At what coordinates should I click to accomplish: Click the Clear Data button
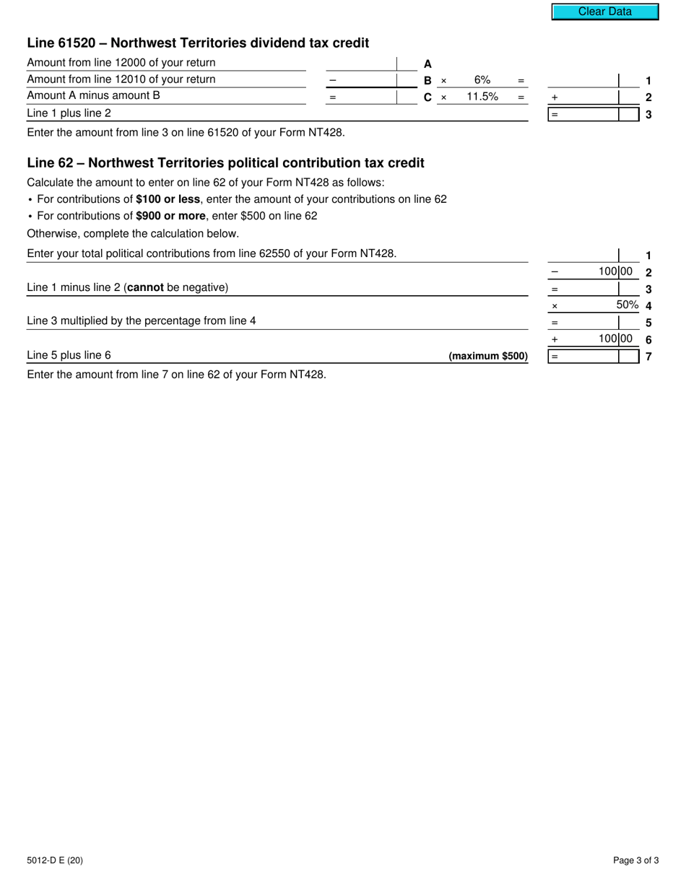point(604,12)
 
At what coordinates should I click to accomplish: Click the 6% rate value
point(482,80)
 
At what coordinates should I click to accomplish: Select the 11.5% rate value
point(482,97)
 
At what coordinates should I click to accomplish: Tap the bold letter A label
point(427,64)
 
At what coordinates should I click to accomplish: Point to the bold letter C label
point(427,97)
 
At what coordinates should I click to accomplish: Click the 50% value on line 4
point(628,305)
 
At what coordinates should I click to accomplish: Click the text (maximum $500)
point(488,356)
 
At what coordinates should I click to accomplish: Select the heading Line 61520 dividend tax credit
point(198,43)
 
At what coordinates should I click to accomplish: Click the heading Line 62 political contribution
point(225,163)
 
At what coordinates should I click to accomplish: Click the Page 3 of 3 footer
point(635,860)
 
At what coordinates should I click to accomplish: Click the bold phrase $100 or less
point(168,199)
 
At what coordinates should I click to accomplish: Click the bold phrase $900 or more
point(170,216)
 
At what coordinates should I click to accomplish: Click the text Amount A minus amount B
point(93,96)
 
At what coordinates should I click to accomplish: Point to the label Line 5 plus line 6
point(69,355)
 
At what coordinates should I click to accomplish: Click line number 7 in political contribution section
point(648,356)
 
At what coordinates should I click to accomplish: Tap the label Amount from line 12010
point(121,79)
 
